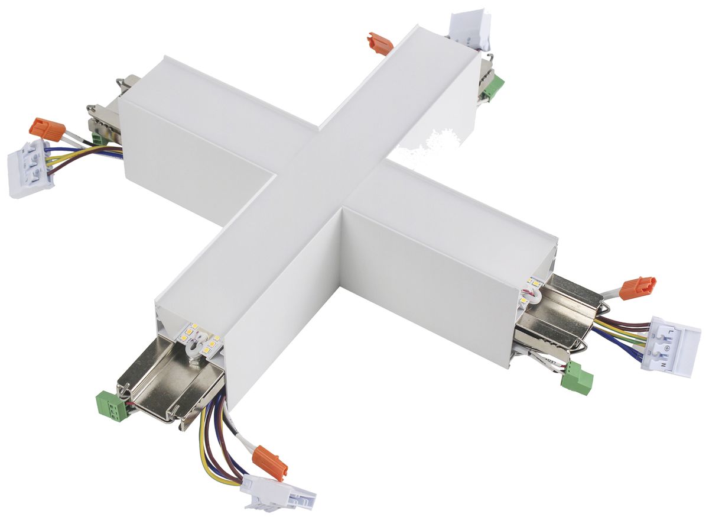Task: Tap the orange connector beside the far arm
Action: (x=379, y=44)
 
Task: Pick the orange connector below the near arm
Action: (x=269, y=462)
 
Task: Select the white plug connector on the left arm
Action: (x=30, y=168)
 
